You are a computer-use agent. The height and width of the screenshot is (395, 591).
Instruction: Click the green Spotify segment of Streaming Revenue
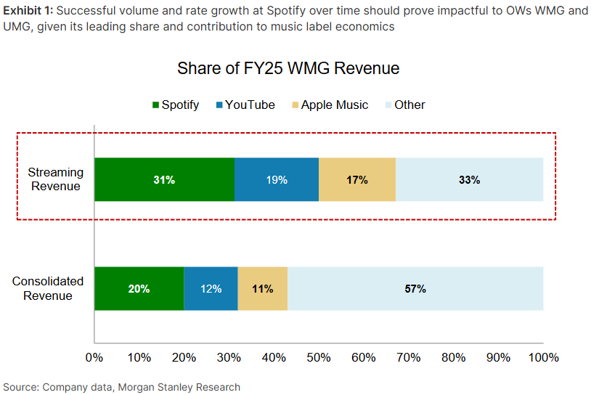point(164,179)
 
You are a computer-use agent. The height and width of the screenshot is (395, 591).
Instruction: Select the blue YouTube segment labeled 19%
point(277,179)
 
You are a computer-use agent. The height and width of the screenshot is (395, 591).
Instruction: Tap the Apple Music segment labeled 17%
point(357,179)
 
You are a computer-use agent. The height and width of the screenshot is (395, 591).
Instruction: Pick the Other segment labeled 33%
point(470,179)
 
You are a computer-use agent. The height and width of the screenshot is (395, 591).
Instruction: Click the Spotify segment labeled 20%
point(139,289)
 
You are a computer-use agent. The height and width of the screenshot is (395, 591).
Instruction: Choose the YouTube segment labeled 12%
point(211,289)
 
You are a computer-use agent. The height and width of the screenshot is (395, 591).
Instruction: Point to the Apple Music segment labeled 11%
point(263,289)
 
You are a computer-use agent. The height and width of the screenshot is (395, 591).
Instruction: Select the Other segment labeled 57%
point(415,289)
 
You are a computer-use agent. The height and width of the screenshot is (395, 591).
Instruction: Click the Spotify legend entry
point(176,105)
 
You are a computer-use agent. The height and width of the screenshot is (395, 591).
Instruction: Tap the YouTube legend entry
point(245,105)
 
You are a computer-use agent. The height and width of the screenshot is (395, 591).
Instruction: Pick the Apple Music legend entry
point(330,105)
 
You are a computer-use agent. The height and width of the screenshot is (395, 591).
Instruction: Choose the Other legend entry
point(405,105)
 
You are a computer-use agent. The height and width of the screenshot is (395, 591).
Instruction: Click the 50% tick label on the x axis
point(319,357)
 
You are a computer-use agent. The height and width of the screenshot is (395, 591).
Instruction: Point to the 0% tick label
point(94,357)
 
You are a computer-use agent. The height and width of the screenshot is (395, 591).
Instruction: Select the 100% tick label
point(544,357)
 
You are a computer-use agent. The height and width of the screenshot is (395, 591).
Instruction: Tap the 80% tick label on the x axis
point(454,357)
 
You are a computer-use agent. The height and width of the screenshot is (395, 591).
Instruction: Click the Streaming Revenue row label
point(56,179)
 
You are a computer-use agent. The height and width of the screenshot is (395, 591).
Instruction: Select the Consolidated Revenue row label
point(48,288)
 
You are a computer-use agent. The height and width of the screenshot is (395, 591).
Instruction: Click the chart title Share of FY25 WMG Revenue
point(288,68)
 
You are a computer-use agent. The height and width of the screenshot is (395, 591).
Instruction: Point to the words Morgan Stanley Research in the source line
point(179,387)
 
